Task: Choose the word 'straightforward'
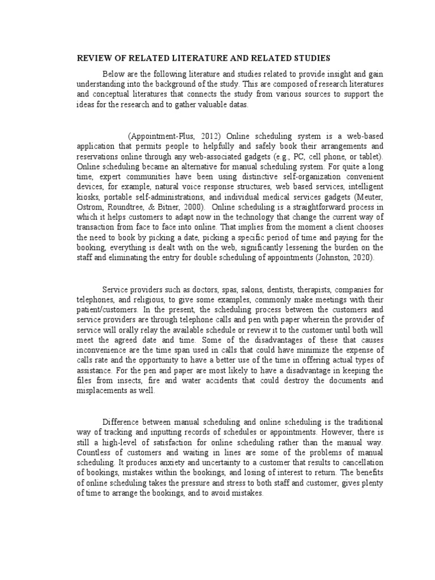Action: click(308, 208)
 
